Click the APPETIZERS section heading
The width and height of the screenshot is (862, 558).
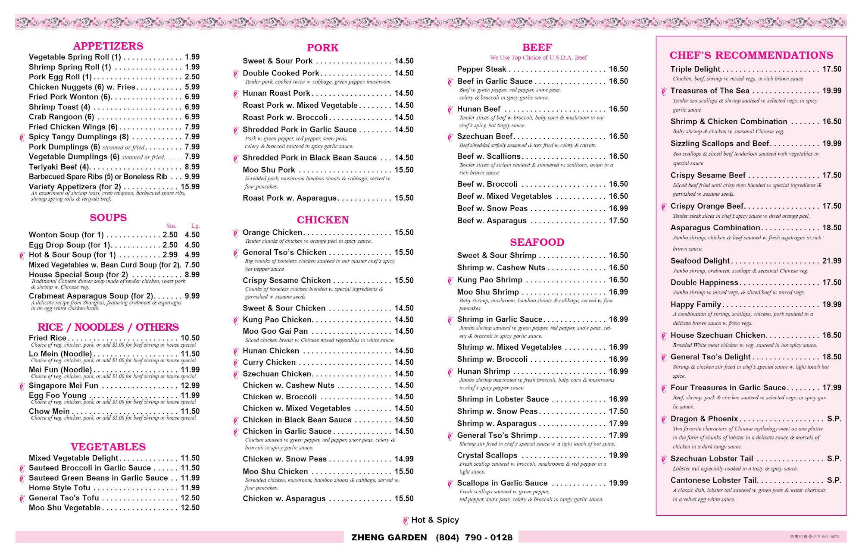tap(108, 46)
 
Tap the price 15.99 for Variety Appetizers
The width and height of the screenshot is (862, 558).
tap(190, 187)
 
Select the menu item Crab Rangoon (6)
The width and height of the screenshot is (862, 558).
tap(61, 117)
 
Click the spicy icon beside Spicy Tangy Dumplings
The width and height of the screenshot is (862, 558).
tap(22, 138)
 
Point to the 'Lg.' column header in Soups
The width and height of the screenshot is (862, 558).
tap(196, 226)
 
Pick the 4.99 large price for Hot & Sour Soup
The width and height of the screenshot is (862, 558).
tap(192, 255)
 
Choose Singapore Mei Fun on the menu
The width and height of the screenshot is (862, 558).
tap(63, 386)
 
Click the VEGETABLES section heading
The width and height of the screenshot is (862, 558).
tap(108, 447)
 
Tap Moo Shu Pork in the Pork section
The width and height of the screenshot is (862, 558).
tap(269, 170)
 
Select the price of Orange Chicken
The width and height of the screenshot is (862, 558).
tap(404, 232)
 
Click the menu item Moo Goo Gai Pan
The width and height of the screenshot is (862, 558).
tap(275, 331)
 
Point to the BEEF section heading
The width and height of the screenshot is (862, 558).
tap(537, 47)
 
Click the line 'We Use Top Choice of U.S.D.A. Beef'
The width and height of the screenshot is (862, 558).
tap(538, 57)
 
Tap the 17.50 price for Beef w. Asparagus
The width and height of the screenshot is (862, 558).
tap(618, 220)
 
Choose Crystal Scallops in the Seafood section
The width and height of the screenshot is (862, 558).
tap(487, 455)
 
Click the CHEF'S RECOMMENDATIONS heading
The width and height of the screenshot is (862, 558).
tap(751, 55)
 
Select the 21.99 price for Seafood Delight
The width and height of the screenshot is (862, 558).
tap(831, 261)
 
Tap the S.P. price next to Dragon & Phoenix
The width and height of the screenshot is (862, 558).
tap(834, 419)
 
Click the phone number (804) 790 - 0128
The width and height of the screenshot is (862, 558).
tap(474, 537)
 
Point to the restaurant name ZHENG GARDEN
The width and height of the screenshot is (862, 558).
tap(389, 537)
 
